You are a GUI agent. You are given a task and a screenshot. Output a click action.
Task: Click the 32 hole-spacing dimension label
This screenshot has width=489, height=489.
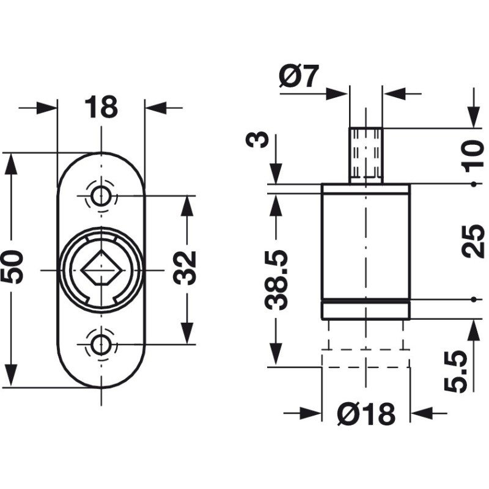(x=184, y=268)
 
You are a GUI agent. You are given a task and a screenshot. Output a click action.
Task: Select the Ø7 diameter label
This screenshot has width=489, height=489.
(x=299, y=76)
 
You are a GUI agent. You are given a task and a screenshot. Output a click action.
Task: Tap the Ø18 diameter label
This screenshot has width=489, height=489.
(x=366, y=414)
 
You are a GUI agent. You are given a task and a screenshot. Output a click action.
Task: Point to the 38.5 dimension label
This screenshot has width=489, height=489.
(x=276, y=279)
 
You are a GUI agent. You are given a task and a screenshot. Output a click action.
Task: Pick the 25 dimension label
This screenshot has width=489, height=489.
(x=472, y=241)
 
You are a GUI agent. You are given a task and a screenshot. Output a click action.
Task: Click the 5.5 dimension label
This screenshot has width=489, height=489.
(x=456, y=371)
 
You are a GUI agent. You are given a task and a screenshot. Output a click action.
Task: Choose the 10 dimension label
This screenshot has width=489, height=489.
(x=474, y=156)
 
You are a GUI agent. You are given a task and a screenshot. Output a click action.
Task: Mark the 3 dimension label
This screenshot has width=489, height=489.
(x=257, y=139)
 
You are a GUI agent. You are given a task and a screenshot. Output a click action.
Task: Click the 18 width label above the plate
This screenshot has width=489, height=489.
(x=101, y=107)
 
